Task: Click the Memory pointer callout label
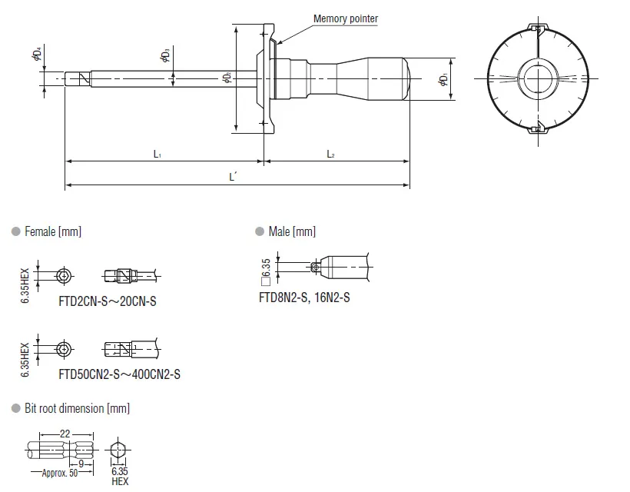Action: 346,19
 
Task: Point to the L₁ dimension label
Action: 157,154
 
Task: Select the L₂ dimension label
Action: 330,154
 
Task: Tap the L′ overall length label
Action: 233,177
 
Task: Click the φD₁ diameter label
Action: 443,79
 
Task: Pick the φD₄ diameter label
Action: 37,54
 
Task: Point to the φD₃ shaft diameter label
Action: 165,55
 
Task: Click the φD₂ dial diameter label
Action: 227,77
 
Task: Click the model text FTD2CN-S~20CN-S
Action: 108,301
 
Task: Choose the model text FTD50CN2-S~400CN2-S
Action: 119,374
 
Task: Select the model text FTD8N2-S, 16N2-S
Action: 304,298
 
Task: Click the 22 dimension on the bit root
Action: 65,434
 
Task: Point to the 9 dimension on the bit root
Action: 81,464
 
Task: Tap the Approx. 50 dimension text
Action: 60,473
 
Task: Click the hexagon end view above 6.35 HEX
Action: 118,450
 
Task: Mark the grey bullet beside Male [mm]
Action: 260,231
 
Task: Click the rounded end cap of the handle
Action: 406,78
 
